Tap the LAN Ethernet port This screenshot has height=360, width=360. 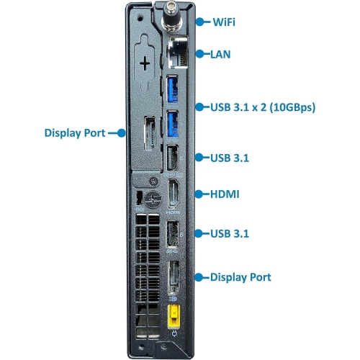(176, 52)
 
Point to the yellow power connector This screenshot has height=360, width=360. (174, 315)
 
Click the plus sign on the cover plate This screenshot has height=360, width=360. (146, 65)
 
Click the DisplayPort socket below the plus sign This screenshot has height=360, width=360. (148, 134)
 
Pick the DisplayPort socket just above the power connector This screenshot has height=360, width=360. (174, 276)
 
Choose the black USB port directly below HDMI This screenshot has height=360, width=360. (174, 234)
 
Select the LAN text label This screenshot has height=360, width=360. (220, 53)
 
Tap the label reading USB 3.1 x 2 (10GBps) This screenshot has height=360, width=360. (263, 107)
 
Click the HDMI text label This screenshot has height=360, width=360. (225, 194)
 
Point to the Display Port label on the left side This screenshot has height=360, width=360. (75, 133)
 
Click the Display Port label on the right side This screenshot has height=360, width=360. (240, 277)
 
